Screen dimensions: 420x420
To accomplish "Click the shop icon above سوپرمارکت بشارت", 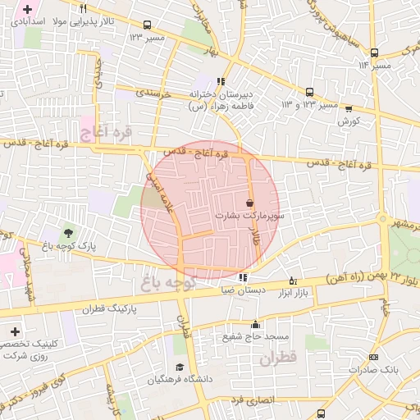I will coord(249,203).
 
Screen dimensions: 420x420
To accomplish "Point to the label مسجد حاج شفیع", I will coord(253,336).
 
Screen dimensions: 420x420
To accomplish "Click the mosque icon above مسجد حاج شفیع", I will coord(256,324).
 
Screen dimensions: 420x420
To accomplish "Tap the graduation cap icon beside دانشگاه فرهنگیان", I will coord(179,367).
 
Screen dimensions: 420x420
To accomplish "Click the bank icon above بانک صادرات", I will coord(373,357).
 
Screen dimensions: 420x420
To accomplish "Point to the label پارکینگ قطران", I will coord(107,309).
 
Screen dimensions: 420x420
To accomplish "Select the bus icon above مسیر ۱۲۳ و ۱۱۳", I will coord(309,93).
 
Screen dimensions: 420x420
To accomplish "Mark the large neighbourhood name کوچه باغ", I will coord(166,282).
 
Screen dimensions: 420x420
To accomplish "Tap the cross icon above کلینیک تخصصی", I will coord(15,331).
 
